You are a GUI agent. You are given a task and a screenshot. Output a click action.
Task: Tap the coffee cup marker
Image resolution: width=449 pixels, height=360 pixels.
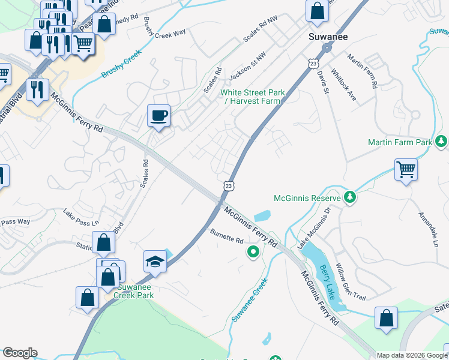pos(159,115)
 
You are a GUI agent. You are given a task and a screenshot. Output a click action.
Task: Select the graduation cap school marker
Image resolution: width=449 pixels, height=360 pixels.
pos(155,262)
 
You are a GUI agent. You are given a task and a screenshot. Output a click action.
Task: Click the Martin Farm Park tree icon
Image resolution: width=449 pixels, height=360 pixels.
pos(442,142)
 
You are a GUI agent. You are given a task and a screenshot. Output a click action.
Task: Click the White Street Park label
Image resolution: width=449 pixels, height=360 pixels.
pos(251,97)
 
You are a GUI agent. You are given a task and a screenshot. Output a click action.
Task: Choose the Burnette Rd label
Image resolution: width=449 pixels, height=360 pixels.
pos(226,235)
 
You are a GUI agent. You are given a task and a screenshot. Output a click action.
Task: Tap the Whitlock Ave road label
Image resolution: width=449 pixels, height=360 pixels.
pos(343,88)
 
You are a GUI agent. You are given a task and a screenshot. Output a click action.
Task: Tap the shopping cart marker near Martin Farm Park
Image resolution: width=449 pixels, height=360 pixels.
pos(406,169)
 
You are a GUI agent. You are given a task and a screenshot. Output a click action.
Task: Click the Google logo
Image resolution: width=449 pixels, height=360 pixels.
pos(20,353)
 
